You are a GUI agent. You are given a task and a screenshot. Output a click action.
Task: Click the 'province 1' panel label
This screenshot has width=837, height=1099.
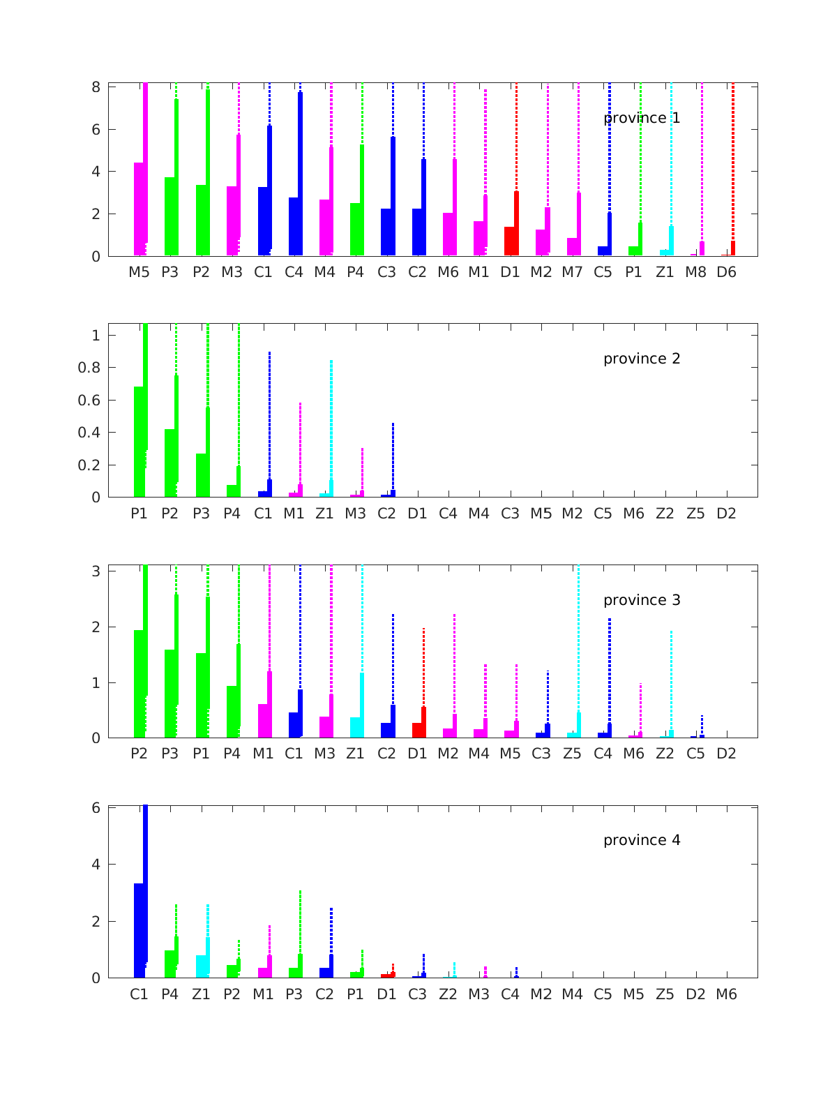click(x=642, y=118)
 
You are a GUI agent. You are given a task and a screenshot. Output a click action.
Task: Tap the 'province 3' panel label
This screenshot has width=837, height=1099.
click(x=642, y=600)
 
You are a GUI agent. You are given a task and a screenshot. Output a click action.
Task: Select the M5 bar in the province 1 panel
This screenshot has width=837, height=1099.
click(x=139, y=209)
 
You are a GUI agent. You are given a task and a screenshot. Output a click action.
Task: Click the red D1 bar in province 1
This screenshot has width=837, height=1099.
click(x=510, y=241)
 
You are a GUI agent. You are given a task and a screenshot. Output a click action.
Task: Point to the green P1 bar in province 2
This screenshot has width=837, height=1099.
click(x=139, y=442)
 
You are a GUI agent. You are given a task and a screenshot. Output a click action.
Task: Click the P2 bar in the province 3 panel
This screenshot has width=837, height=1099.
click(x=139, y=684)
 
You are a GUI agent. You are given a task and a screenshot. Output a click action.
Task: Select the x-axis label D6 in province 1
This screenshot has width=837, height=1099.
click(x=726, y=272)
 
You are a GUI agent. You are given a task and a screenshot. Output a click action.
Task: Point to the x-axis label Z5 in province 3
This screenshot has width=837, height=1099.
click(x=572, y=754)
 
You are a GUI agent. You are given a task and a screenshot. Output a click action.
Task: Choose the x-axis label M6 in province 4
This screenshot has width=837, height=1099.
click(x=726, y=994)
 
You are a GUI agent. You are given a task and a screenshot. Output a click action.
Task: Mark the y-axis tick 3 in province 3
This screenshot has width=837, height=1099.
click(x=96, y=571)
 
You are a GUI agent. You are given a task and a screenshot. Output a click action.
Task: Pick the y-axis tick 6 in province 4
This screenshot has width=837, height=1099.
click(x=96, y=808)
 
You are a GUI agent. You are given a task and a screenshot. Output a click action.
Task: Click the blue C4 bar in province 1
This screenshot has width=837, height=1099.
click(x=294, y=227)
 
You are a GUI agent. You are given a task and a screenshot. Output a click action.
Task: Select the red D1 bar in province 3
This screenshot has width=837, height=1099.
click(x=417, y=730)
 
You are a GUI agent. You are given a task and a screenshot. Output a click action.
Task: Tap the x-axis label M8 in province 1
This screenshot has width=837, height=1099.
click(x=695, y=272)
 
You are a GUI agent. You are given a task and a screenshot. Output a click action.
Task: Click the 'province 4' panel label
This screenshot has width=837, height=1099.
click(x=642, y=840)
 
